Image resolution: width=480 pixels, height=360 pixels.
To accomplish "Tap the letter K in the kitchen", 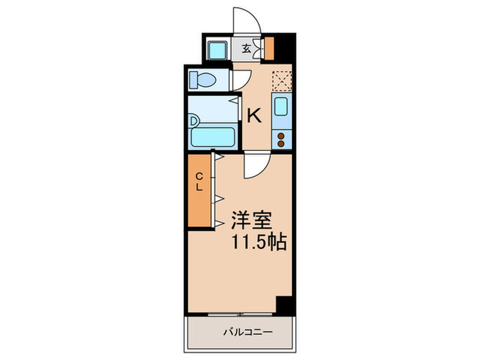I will (x=254, y=115).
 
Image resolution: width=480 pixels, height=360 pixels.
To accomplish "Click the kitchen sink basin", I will (x=281, y=106).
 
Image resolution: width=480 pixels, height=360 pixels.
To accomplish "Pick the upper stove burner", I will (x=281, y=136).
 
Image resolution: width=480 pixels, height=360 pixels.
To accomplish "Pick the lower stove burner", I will (x=281, y=144).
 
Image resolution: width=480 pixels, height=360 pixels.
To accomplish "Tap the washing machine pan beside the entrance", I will (x=219, y=49).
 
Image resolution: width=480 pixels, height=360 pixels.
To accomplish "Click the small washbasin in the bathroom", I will (x=195, y=122).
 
